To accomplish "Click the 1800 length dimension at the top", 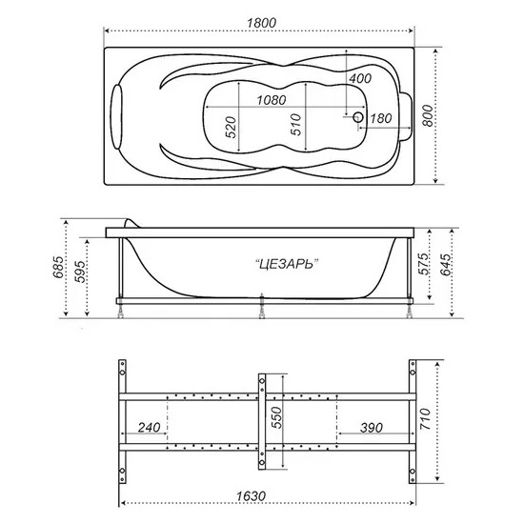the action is point(261,23).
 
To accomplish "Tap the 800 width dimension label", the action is point(428,115).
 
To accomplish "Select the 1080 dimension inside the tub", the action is point(272,100).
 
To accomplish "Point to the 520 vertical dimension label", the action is point(231,127).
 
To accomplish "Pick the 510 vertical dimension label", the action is point(295,125).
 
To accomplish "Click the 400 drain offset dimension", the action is point(360,78).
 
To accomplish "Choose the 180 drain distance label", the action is point(381,118).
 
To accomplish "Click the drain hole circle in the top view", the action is point(358,117).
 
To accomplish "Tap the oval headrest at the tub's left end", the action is point(116,116).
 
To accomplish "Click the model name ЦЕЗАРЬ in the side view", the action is point(286,264).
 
